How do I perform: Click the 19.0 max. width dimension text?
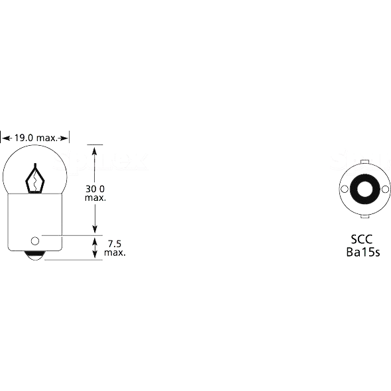(x=36, y=138)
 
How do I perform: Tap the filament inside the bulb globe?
(x=35, y=178)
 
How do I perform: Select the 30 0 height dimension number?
(x=95, y=189)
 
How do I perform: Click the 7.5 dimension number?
(x=115, y=243)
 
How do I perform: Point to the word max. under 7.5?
(x=115, y=252)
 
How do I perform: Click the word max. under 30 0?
(x=95, y=198)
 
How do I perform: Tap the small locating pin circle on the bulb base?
(x=35, y=241)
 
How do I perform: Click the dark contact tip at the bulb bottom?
(x=35, y=256)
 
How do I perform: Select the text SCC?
(x=362, y=239)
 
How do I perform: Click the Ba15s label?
(x=363, y=252)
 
